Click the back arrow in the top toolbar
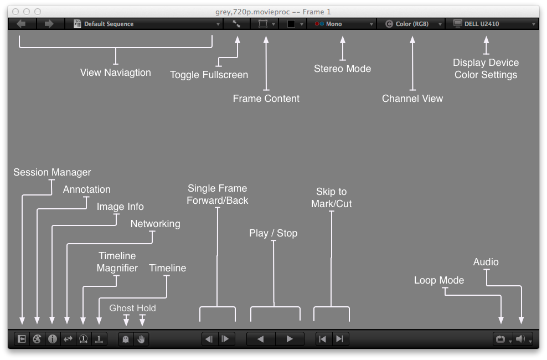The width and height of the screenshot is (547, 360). pos(21,24)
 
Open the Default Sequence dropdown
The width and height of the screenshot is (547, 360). pos(147,24)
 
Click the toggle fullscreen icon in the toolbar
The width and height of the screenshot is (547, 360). pos(236,24)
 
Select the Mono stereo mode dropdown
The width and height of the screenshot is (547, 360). pos(344,24)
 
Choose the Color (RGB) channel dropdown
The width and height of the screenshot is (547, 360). pos(414,24)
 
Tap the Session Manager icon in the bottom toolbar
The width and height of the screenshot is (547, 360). pos(22,339)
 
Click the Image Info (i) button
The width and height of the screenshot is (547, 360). pos(53,339)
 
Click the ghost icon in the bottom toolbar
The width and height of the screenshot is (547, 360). pos(126,339)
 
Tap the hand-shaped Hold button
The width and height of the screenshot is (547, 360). pos(141,339)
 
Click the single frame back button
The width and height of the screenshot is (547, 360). pos(209,339)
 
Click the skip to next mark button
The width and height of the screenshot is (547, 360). pos(339,339)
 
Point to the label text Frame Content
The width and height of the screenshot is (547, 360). pos(266,99)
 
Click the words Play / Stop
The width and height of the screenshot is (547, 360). pos(273,233)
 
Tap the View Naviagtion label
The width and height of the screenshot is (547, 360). pos(116,73)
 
